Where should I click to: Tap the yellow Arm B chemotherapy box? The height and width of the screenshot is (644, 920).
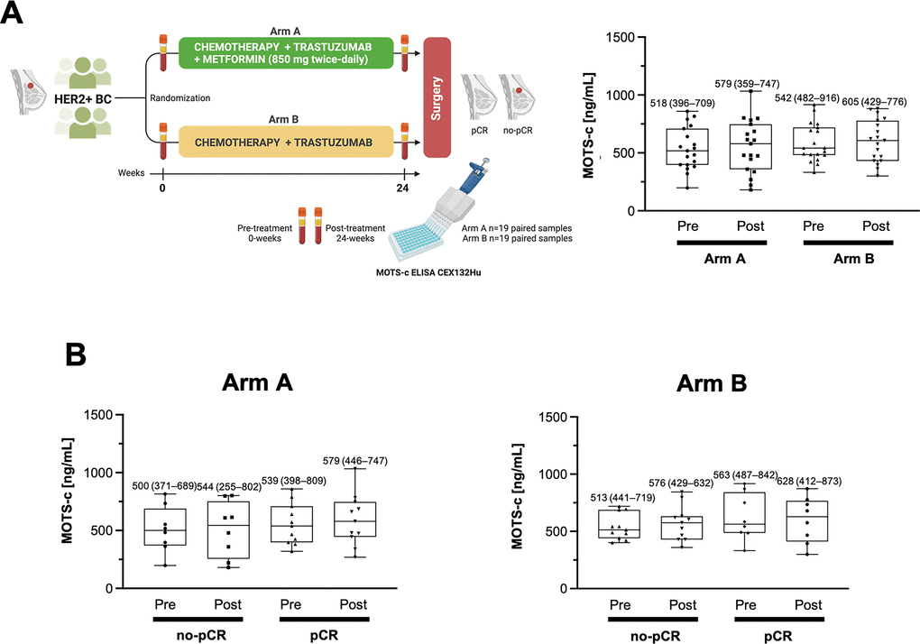[285, 143]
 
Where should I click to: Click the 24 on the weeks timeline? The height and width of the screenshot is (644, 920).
[402, 189]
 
